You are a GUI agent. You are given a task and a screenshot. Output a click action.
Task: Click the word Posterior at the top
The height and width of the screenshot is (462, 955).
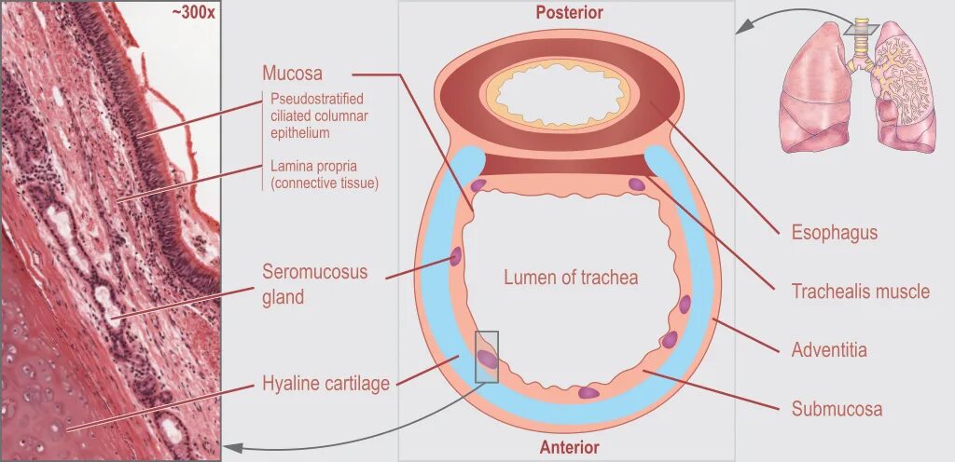569,13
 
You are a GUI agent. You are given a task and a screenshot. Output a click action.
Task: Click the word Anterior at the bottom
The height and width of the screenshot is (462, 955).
569,448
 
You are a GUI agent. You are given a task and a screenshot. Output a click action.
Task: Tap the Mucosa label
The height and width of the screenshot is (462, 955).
292,74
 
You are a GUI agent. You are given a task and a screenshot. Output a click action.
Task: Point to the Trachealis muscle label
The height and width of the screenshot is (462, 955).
860,292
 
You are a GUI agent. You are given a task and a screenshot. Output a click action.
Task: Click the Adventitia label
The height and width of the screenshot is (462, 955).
829,350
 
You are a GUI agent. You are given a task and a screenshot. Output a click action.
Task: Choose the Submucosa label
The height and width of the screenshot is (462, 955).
837,408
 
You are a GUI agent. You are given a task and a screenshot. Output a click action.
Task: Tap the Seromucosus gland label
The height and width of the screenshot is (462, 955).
314,284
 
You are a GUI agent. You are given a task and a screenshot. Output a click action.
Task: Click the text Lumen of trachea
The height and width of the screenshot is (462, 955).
571,278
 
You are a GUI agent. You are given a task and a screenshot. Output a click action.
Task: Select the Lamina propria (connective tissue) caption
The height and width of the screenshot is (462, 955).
324,174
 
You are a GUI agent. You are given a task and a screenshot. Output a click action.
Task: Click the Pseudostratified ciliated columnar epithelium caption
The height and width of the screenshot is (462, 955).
317,115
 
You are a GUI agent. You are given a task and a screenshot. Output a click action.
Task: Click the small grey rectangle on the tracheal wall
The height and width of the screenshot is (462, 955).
487,357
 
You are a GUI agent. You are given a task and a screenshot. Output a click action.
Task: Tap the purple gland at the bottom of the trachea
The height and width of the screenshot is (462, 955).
588,392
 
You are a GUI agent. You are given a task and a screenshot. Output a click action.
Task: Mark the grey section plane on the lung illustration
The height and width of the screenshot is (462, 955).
863,28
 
